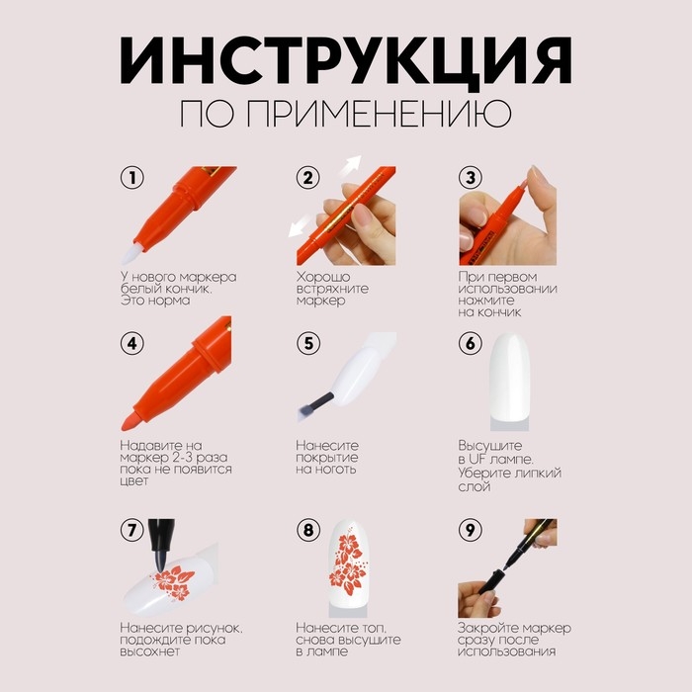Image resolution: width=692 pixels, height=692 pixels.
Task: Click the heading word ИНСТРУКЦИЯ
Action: (345, 60)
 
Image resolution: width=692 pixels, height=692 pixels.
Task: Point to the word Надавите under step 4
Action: (152, 446)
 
